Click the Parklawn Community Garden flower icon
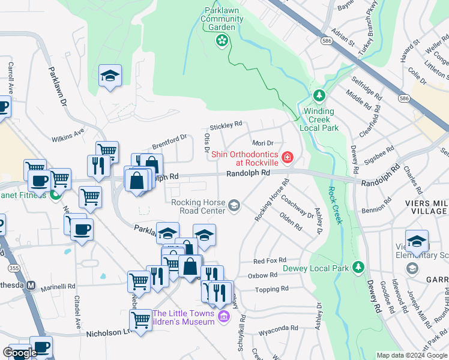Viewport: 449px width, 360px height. click(x=222, y=40)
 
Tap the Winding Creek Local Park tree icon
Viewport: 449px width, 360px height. click(x=319, y=96)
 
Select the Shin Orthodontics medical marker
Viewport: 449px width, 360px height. click(x=288, y=158)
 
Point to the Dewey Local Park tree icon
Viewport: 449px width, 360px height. click(x=358, y=266)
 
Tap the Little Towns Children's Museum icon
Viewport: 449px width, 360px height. click(x=224, y=316)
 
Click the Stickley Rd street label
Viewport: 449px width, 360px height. click(x=225, y=126)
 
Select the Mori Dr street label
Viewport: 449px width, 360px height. click(x=263, y=143)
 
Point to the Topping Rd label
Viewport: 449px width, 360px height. click(x=272, y=289)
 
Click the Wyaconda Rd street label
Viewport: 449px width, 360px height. click(x=278, y=328)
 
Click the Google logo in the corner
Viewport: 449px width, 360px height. click(x=20, y=353)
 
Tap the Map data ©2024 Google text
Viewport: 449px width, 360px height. click(x=411, y=355)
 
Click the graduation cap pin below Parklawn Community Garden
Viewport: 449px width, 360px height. click(x=110, y=76)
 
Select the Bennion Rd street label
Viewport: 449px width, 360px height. click(x=376, y=211)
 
